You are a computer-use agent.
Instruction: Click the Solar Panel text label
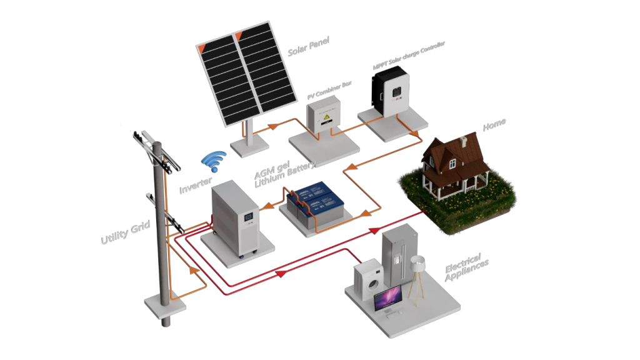coord(308,47)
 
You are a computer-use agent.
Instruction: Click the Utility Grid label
coord(125,232)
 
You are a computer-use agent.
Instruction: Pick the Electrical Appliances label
coord(466,267)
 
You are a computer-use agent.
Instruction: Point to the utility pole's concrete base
coord(164,307)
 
